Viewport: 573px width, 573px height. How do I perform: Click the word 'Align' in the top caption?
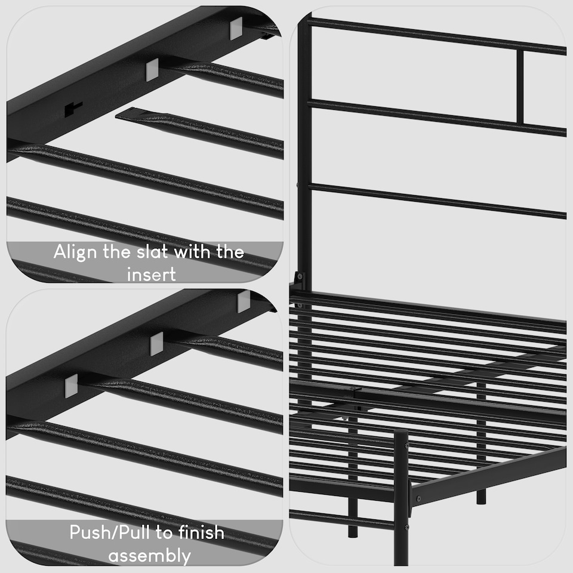click(x=75, y=252)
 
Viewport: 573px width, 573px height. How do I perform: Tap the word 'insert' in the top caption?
click(x=152, y=274)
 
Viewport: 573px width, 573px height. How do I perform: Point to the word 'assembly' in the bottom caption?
click(x=149, y=556)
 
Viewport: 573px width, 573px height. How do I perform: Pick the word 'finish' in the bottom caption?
click(x=195, y=532)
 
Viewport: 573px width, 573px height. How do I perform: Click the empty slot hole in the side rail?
click(x=73, y=108)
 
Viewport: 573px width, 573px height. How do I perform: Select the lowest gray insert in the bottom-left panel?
click(x=71, y=386)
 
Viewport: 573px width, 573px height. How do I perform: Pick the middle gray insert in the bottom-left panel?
click(x=156, y=343)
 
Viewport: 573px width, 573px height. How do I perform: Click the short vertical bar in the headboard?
click(x=520, y=87)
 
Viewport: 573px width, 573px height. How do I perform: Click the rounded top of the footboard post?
click(x=401, y=432)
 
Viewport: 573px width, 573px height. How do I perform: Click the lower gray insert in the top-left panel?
click(x=152, y=70)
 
